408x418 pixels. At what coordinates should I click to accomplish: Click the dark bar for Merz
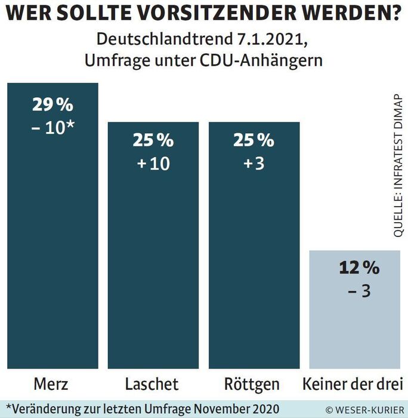52,239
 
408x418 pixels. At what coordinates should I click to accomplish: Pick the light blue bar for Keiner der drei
354,322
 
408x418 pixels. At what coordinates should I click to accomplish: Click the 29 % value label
52,106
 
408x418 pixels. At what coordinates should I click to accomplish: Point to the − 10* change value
52,128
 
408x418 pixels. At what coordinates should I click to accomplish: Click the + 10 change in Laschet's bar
153,163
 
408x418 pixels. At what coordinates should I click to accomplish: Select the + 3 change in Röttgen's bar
254,163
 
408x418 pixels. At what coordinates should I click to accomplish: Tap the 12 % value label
354,268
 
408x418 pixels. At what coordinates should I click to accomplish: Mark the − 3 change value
354,291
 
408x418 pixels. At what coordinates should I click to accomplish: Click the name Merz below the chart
52,382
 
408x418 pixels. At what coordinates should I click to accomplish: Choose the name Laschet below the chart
152,382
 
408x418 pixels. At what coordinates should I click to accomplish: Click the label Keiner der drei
354,382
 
